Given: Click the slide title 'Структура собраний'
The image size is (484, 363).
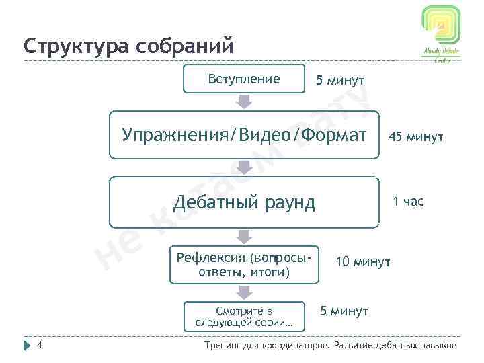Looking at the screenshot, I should [x=128, y=47].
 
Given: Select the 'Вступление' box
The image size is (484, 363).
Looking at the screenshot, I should [x=244, y=79].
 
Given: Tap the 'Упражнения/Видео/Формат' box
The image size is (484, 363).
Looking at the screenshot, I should [x=244, y=134].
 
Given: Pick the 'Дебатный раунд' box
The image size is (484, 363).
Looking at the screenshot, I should [x=244, y=202].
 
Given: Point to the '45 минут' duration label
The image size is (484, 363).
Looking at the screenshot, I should [x=415, y=137].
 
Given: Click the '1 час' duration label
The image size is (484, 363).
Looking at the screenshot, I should [x=408, y=201].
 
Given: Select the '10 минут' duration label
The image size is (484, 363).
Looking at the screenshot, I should [x=363, y=261].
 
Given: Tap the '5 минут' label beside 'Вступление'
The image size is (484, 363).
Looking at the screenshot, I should [x=340, y=81].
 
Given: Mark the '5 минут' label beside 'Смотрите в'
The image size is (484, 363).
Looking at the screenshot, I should [x=344, y=311].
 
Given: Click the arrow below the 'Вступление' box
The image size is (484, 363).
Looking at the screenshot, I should [x=245, y=102].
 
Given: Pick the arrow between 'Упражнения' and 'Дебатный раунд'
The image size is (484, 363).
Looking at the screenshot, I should [x=245, y=168].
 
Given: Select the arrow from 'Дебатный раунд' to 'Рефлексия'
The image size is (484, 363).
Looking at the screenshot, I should [x=245, y=237].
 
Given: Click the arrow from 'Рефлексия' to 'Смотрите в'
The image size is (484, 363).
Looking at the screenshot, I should [x=245, y=292].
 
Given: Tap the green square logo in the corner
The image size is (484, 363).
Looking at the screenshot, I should [x=440, y=26].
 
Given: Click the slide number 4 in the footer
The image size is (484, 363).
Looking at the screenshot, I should [x=40, y=346].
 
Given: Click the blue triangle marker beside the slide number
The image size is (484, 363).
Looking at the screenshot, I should [x=27, y=346].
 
